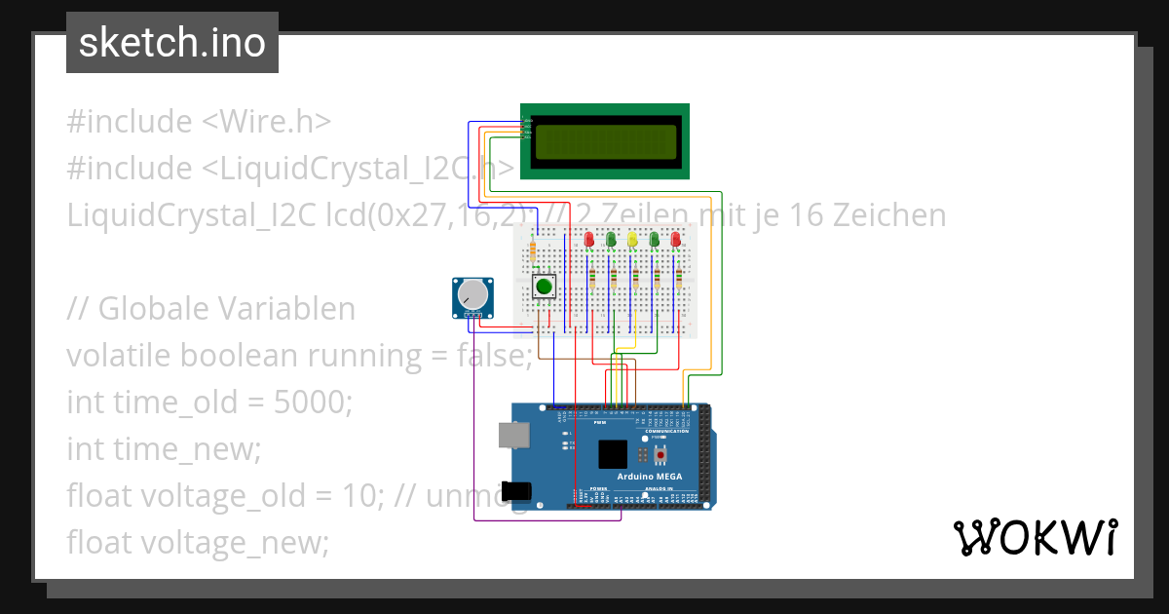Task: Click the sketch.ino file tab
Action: coord(172,43)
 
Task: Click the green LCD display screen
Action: coord(604,141)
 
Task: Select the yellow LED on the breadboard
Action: coord(632,239)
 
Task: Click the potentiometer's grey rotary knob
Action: coord(472,294)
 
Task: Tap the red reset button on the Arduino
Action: coord(661,455)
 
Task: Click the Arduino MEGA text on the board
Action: coord(650,477)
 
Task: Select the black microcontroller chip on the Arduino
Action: coord(613,454)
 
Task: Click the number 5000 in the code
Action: coord(309,402)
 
